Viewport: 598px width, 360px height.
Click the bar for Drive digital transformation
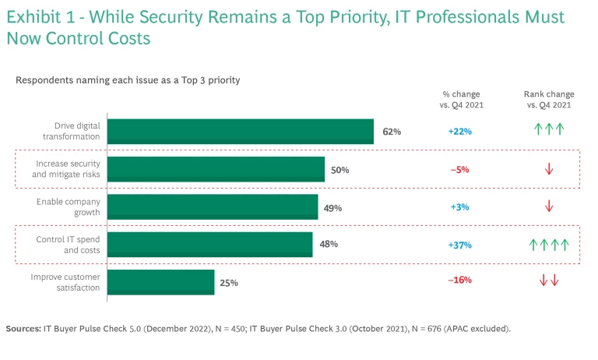(x=241, y=132)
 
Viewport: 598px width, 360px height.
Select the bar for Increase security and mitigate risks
(x=216, y=169)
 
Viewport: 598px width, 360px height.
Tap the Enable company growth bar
(x=213, y=207)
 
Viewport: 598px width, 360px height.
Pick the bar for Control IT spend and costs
(x=209, y=245)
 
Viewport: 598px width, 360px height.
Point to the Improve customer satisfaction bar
(x=160, y=281)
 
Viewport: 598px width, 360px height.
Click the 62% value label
(x=392, y=132)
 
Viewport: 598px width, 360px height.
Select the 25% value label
(x=229, y=282)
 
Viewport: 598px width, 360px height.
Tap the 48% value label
(x=329, y=244)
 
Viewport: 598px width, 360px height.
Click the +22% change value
(x=459, y=132)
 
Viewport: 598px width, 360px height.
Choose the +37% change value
(x=459, y=245)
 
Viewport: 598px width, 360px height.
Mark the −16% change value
(x=459, y=281)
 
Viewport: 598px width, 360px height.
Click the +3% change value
(x=459, y=207)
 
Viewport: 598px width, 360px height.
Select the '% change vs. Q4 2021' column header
(x=463, y=99)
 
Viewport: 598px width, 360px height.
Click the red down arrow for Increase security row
(x=549, y=169)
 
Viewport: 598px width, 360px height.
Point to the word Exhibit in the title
(x=34, y=17)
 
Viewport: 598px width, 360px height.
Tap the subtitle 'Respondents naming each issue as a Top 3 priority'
(x=128, y=79)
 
